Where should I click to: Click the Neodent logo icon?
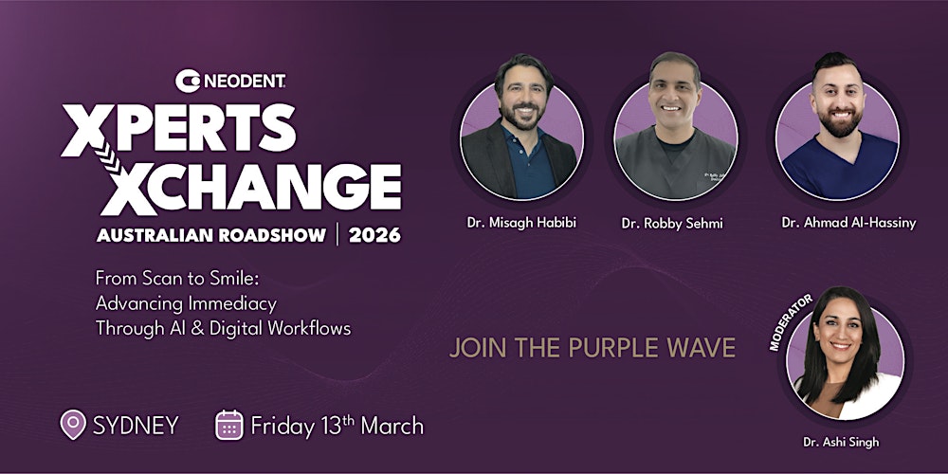pyautogui.click(x=187, y=82)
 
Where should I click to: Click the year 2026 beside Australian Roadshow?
pyautogui.click(x=374, y=234)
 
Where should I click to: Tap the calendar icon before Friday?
pyautogui.click(x=229, y=426)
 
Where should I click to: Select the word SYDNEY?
pyautogui.click(x=136, y=426)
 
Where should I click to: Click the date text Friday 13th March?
pyautogui.click(x=337, y=425)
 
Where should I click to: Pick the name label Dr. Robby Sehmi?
pyautogui.click(x=674, y=224)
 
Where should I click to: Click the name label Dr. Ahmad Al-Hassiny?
pyautogui.click(x=836, y=222)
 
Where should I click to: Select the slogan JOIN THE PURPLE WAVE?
pyautogui.click(x=592, y=348)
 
